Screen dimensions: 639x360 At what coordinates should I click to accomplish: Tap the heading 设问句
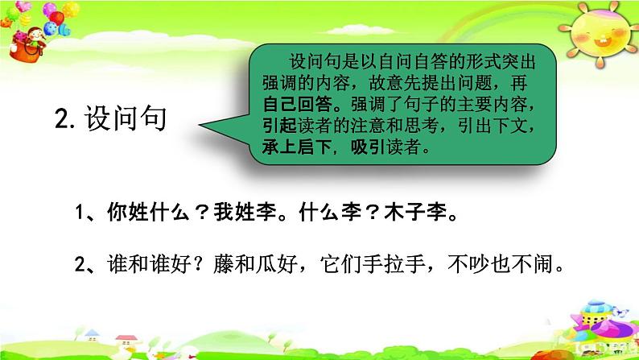click(x=126, y=118)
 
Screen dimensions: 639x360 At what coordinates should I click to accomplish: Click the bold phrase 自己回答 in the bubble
click(x=298, y=105)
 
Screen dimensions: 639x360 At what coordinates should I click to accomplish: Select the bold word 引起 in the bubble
click(x=279, y=126)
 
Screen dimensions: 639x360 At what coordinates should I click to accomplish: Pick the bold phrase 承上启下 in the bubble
click(x=297, y=147)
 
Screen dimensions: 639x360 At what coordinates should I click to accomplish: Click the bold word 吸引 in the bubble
click(x=368, y=147)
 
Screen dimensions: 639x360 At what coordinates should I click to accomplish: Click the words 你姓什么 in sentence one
click(x=148, y=213)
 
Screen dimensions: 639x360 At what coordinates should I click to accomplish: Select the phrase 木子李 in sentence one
click(x=416, y=213)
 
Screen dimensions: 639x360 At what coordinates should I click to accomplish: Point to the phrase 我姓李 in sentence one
click(x=245, y=213)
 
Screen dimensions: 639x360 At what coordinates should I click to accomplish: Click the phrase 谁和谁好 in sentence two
click(x=149, y=264)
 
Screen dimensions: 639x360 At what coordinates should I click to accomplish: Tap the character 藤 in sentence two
click(x=224, y=264)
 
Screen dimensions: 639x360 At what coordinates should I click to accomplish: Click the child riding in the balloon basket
click(x=35, y=38)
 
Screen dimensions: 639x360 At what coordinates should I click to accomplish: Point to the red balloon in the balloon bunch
click(x=56, y=19)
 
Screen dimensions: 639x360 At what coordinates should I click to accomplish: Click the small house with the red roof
click(x=126, y=340)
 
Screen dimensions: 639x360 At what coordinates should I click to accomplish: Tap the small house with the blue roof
click(x=92, y=335)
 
